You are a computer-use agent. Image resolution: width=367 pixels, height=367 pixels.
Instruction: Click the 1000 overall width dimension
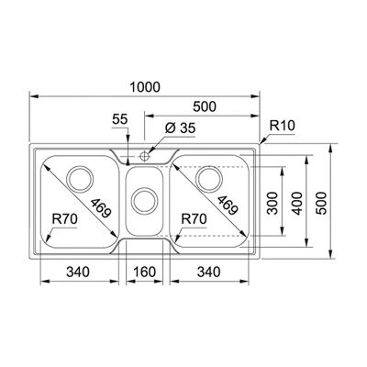tap(145, 87)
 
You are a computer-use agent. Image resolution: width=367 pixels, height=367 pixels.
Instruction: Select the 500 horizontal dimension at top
tap(205, 106)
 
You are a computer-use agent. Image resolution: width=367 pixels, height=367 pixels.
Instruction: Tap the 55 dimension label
tap(119, 119)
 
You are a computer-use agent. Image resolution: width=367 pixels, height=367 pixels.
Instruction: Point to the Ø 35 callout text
tap(180, 128)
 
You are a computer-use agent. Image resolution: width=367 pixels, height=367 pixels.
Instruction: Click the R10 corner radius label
tap(282, 126)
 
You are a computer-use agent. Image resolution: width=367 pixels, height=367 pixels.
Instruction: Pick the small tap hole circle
tap(144, 157)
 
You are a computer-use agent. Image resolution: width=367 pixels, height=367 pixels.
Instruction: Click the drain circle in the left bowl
tap(80, 179)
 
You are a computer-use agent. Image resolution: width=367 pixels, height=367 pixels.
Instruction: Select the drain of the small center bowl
tap(145, 201)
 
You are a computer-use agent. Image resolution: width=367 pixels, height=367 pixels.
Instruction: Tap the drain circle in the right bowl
tap(209, 179)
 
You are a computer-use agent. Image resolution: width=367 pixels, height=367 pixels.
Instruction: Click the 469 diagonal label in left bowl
tap(101, 208)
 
